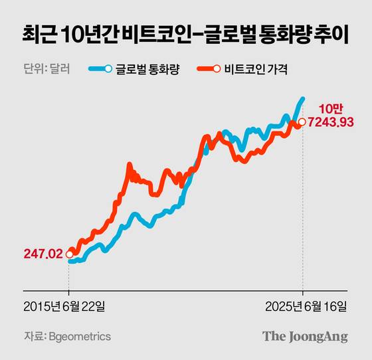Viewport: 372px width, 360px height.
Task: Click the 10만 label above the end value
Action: (x=330, y=108)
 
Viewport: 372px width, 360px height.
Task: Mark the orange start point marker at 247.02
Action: (x=69, y=254)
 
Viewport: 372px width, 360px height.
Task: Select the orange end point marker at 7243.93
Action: (x=302, y=122)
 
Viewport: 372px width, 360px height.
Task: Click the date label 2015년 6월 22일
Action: (x=68, y=306)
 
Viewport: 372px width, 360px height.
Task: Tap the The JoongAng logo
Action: (x=305, y=336)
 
